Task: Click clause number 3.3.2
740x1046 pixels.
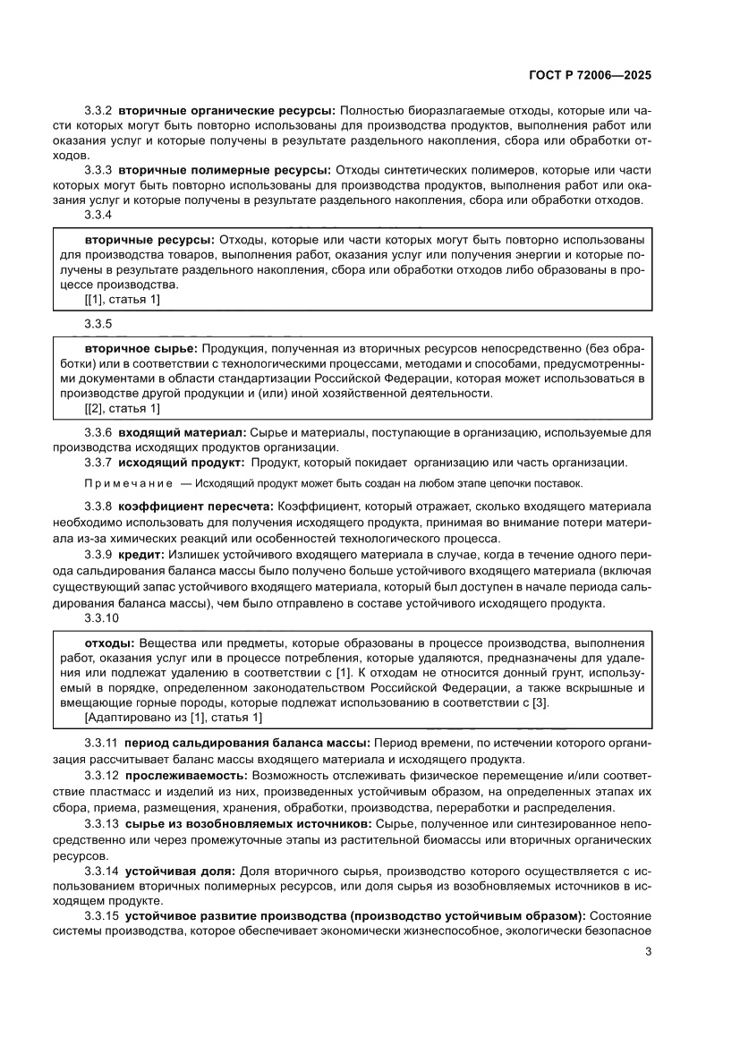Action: tap(98, 110)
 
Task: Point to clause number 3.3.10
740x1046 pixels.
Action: tap(101, 618)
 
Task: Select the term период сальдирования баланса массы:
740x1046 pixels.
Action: tap(247, 743)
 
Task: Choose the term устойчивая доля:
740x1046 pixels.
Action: tap(180, 869)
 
